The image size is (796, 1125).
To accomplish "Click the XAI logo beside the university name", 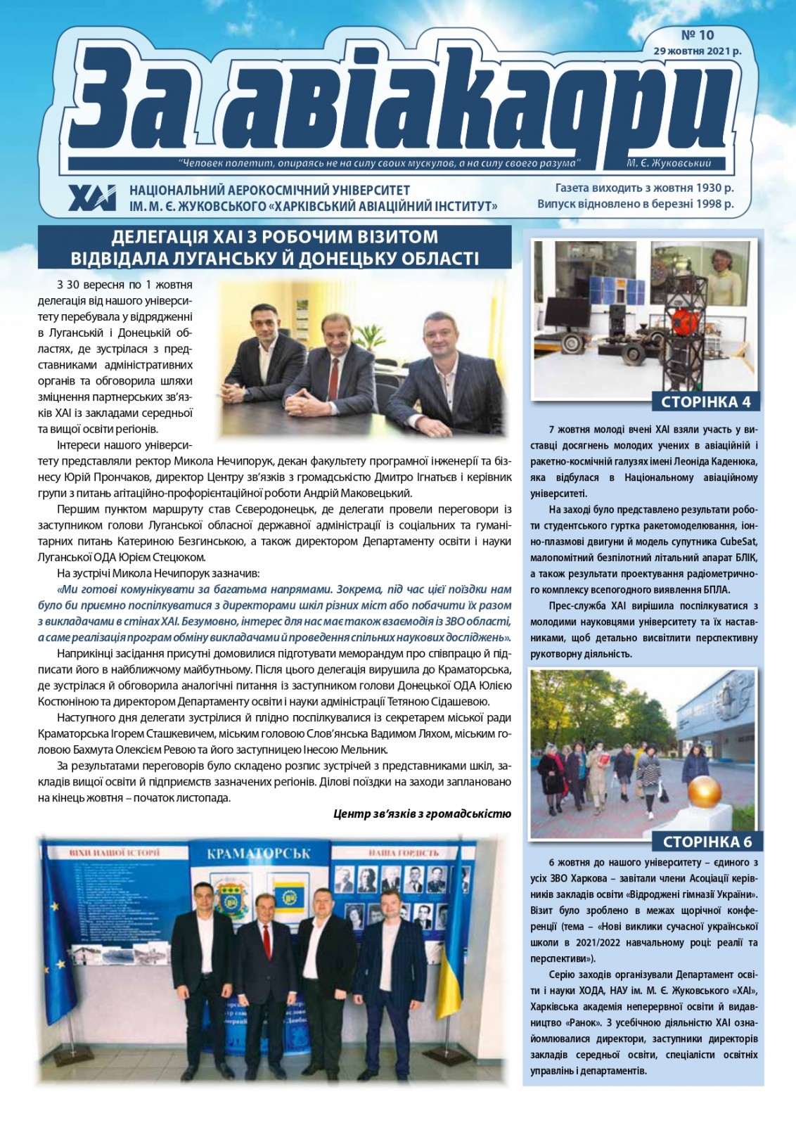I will tap(92, 198).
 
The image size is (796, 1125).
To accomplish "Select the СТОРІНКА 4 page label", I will tap(706, 402).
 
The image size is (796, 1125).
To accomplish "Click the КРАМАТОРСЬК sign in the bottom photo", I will tap(259, 854).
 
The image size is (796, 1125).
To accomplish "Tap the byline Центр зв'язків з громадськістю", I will tap(422, 814).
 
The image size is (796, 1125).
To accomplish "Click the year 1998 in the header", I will tap(705, 205).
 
